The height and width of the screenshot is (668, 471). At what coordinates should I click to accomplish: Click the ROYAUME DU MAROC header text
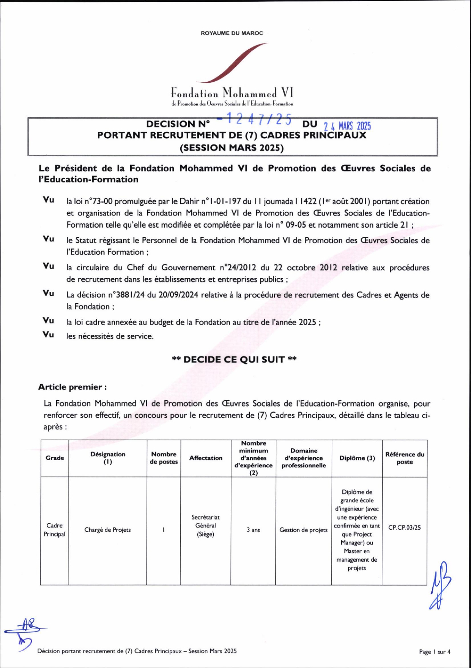[232, 33]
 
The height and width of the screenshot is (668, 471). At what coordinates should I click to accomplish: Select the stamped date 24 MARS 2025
[347, 126]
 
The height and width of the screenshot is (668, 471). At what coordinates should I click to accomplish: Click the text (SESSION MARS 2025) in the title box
[232, 147]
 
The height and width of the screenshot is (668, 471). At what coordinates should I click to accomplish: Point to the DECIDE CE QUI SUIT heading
[234, 359]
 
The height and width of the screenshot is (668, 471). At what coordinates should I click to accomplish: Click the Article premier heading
[72, 387]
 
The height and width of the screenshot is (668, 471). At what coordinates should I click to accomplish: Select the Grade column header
[55, 458]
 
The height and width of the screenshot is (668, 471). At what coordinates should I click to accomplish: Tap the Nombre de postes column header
[164, 458]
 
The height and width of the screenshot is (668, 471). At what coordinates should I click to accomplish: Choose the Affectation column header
[206, 458]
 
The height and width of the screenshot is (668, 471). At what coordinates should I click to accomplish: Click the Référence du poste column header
[405, 458]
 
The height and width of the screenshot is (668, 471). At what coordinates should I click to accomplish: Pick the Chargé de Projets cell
[107, 530]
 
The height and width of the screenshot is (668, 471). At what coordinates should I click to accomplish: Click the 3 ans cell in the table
[253, 530]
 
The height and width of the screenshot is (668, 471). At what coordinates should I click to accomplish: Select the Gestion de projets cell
[303, 530]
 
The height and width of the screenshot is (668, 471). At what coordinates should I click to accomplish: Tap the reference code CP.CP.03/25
[404, 528]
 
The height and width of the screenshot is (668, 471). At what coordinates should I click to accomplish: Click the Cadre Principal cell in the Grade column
[54, 530]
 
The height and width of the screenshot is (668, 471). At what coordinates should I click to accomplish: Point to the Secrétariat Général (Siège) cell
[205, 526]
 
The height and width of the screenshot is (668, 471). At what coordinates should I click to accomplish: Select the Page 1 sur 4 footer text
[435, 652]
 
